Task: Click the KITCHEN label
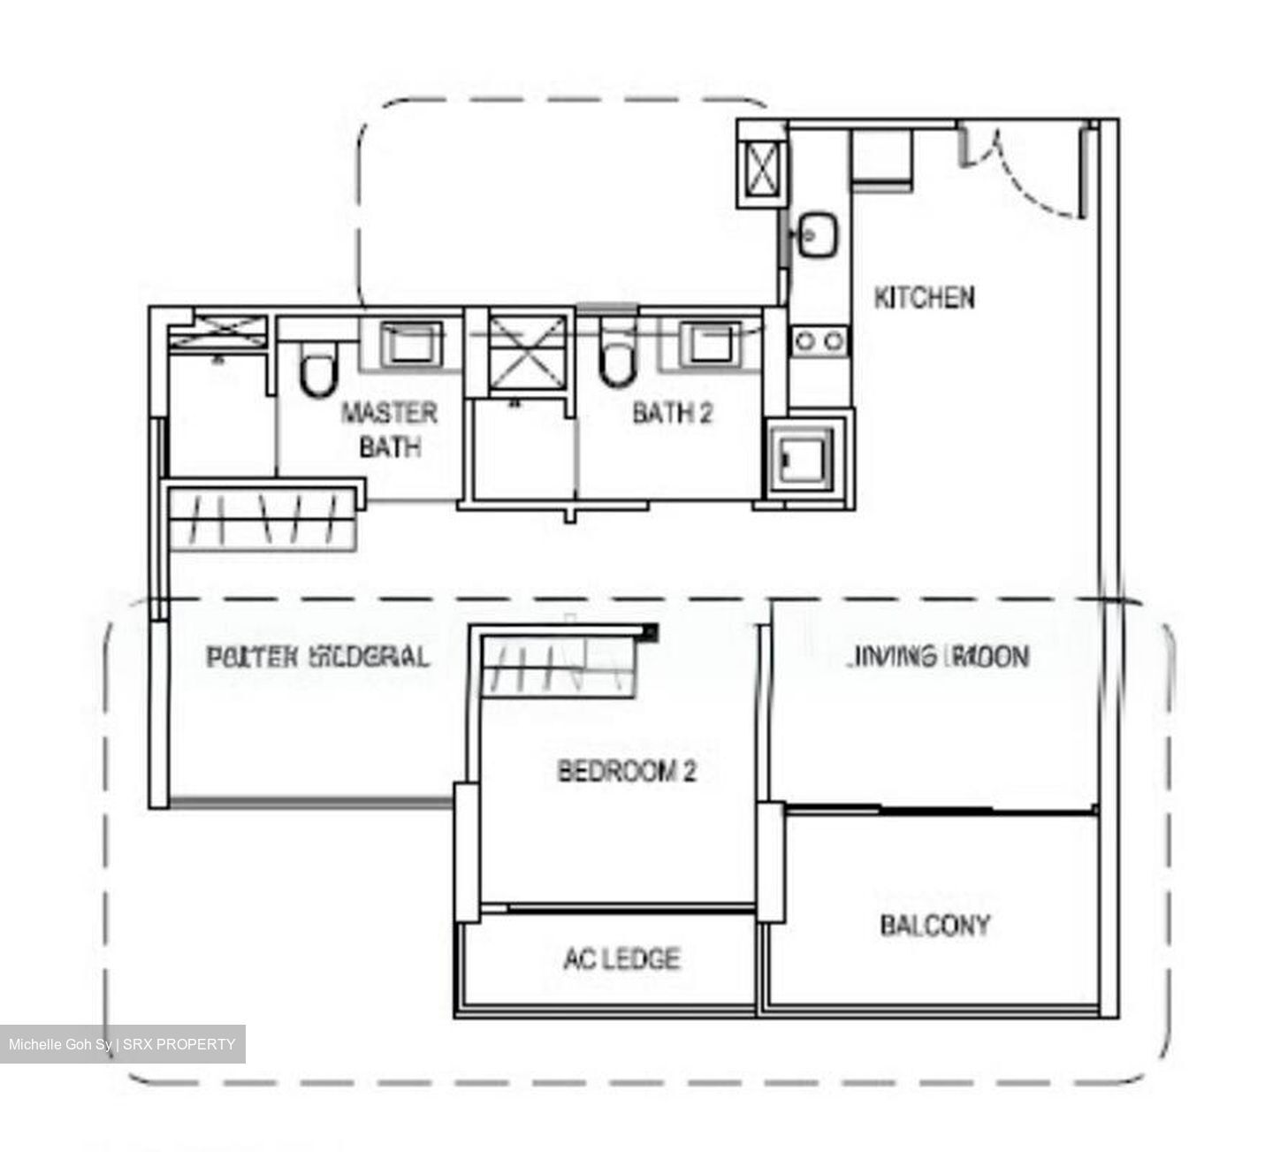tap(924, 298)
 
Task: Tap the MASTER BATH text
tap(390, 430)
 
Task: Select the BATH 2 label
tap(673, 413)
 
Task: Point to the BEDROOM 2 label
tap(627, 771)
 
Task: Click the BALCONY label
tap(935, 926)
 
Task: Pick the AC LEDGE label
tap(621, 958)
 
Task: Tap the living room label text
tap(939, 656)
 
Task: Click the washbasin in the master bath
tap(411, 342)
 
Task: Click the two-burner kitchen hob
tap(819, 340)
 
